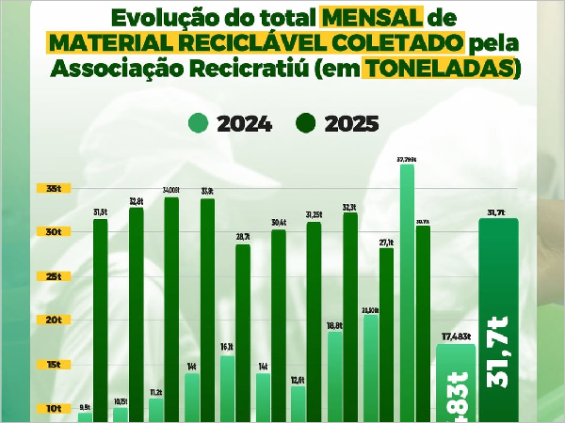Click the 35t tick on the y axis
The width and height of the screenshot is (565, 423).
pyautogui.click(x=54, y=188)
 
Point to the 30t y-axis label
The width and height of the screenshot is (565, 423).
pyautogui.click(x=54, y=232)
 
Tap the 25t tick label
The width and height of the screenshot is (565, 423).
pyautogui.click(x=54, y=276)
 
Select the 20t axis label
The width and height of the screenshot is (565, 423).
pyautogui.click(x=54, y=321)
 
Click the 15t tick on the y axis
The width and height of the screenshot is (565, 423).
pyautogui.click(x=54, y=365)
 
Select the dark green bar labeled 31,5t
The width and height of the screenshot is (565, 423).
pyautogui.click(x=100, y=320)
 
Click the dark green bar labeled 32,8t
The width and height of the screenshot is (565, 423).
pyautogui.click(x=136, y=315)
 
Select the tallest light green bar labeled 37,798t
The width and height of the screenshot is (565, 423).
pyautogui.click(x=407, y=291)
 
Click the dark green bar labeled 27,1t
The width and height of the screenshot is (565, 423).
pyautogui.click(x=386, y=335)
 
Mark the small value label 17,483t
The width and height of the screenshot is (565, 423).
pyautogui.click(x=456, y=337)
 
